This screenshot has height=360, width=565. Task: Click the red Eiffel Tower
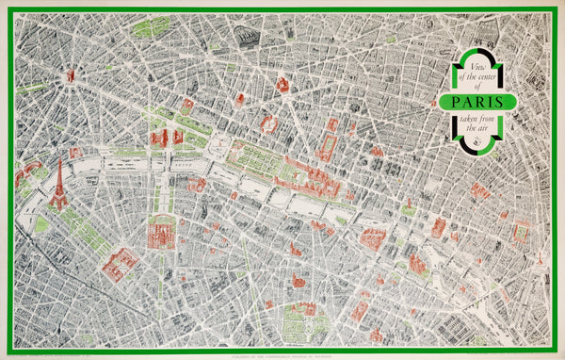(x=58, y=185)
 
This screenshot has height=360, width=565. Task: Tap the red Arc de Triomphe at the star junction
(x=71, y=74)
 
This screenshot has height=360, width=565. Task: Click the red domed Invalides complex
(x=161, y=231)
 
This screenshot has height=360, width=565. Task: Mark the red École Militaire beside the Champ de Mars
(x=119, y=263)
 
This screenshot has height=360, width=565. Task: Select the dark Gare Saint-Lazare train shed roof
(x=247, y=38)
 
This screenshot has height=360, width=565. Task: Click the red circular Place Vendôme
(x=269, y=123)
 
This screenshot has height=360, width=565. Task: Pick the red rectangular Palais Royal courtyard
(x=328, y=146)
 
